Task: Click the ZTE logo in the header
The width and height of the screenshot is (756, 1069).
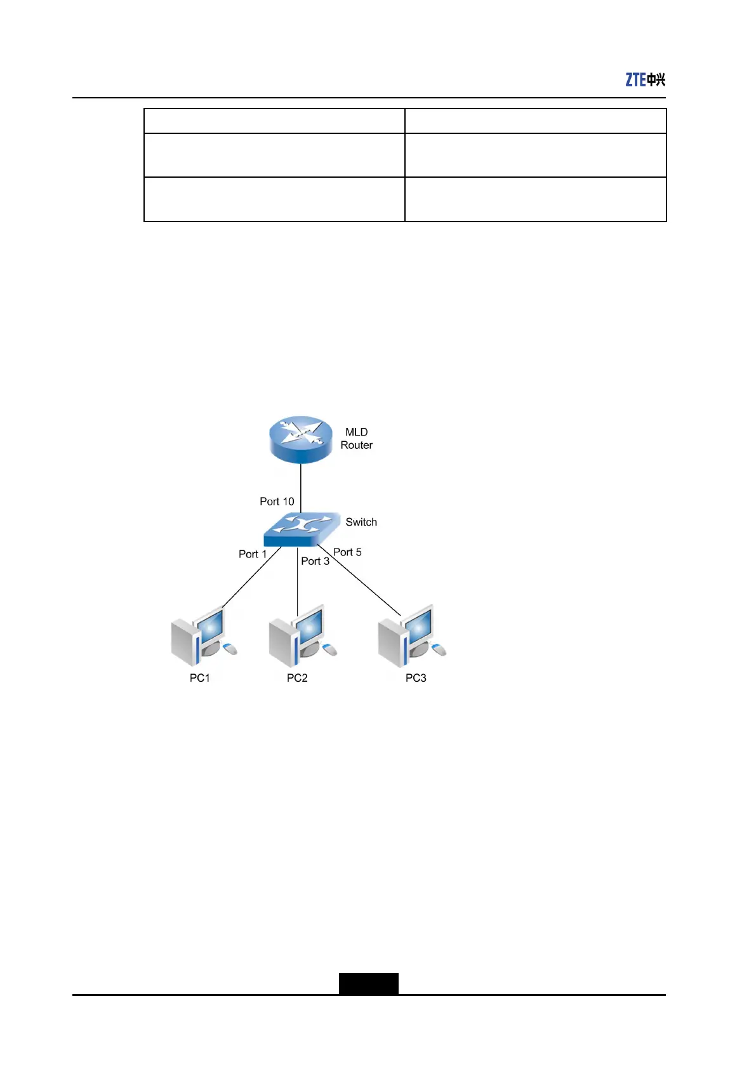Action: click(645, 79)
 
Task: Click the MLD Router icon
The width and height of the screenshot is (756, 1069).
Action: click(301, 439)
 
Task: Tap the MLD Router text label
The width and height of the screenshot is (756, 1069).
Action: click(356, 439)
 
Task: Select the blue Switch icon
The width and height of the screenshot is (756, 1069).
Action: click(300, 529)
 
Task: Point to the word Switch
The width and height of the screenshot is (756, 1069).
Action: click(361, 522)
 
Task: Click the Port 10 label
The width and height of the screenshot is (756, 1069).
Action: click(277, 501)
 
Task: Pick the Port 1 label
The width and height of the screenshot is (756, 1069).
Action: click(253, 554)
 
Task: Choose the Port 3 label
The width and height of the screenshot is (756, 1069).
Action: click(315, 561)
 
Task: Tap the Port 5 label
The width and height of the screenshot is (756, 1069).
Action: click(347, 552)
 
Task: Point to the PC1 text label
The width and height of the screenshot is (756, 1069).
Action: click(199, 678)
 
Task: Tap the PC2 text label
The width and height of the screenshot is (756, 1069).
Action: click(297, 678)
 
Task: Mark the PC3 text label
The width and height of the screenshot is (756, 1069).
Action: click(416, 678)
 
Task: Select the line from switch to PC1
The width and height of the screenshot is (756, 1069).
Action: click(251, 578)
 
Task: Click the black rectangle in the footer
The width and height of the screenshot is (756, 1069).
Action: click(368, 983)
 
